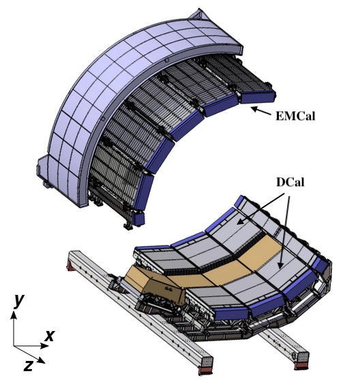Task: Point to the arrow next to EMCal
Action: [x=259, y=110]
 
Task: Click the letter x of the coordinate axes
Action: [x=49, y=334]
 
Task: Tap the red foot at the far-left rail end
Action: [x=70, y=264]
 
